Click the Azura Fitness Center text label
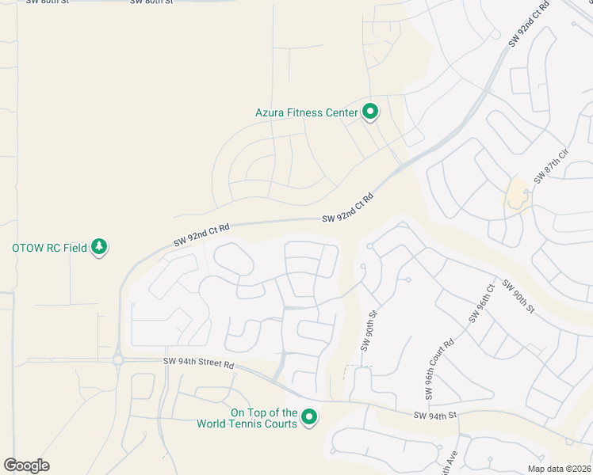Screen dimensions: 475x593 click(x=307, y=112)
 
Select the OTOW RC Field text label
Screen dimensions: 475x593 click(x=49, y=248)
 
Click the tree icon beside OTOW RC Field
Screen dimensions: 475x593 click(x=99, y=247)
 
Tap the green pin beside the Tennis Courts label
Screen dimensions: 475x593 click(x=310, y=416)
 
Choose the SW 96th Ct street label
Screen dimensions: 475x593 click(x=481, y=304)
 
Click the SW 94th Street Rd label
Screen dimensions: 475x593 click(x=199, y=364)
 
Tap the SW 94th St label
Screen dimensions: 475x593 click(x=435, y=415)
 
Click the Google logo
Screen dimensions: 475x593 click(x=26, y=465)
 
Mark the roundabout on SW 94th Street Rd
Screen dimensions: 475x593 click(x=118, y=360)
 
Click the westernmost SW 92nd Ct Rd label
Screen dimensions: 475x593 click(x=201, y=235)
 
